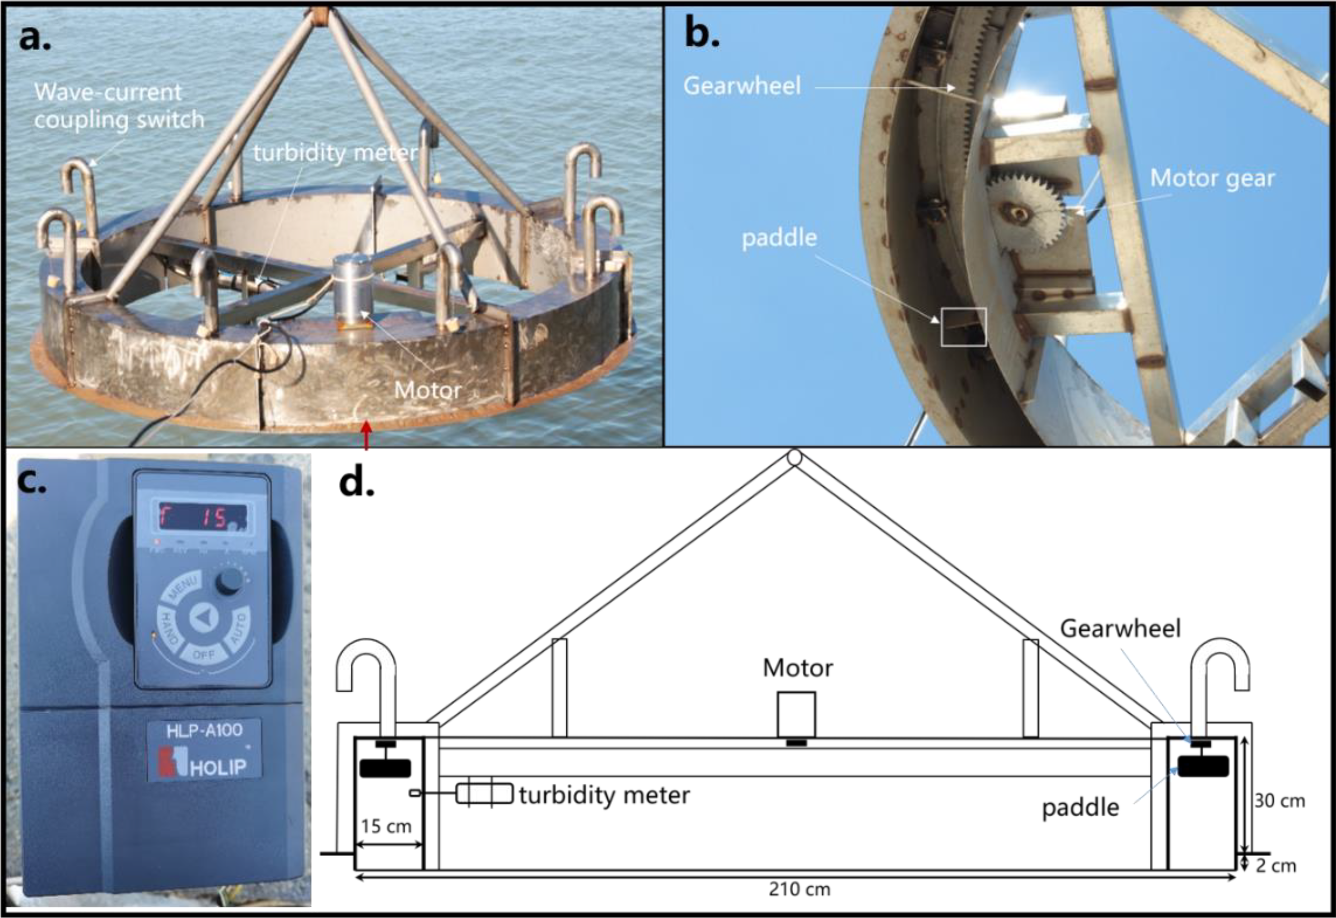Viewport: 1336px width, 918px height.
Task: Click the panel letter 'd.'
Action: click(x=356, y=483)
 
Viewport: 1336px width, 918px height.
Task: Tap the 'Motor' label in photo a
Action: click(x=428, y=390)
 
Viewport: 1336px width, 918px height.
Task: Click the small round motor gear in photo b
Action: click(x=1025, y=215)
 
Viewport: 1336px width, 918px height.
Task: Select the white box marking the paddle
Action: click(x=964, y=327)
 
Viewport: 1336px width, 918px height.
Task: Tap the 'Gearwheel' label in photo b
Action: click(x=742, y=86)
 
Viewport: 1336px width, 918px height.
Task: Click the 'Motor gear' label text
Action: click(x=1212, y=179)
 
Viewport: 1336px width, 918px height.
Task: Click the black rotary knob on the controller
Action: click(x=229, y=584)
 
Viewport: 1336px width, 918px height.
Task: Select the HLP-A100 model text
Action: click(x=204, y=731)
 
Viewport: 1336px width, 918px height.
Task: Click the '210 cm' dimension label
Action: click(x=799, y=889)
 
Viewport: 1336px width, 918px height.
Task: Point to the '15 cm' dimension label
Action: click(x=386, y=826)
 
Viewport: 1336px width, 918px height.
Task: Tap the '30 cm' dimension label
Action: click(x=1280, y=801)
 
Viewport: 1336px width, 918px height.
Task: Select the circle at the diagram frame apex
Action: click(x=794, y=457)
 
